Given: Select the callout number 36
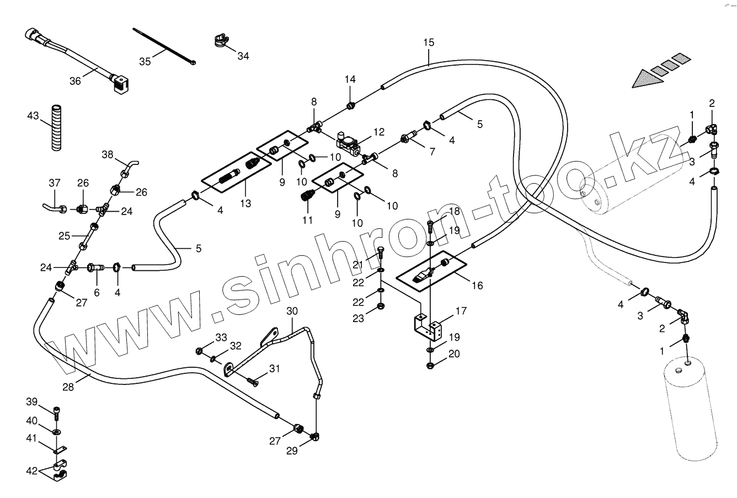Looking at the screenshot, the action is (x=75, y=81).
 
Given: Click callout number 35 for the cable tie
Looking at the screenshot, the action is (x=145, y=61).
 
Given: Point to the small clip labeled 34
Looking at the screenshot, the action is (x=221, y=41).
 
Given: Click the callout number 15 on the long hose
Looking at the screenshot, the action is (x=429, y=42).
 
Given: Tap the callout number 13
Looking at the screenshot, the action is (x=245, y=204).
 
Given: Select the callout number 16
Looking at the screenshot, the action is (x=477, y=285).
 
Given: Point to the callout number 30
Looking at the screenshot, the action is (x=292, y=311).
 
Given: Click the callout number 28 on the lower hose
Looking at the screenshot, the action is (x=68, y=387).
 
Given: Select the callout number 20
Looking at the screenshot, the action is (x=453, y=354).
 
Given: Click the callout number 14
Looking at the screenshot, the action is (x=351, y=79).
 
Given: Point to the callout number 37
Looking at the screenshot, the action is (x=54, y=183).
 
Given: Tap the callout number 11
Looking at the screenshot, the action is (x=307, y=219).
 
